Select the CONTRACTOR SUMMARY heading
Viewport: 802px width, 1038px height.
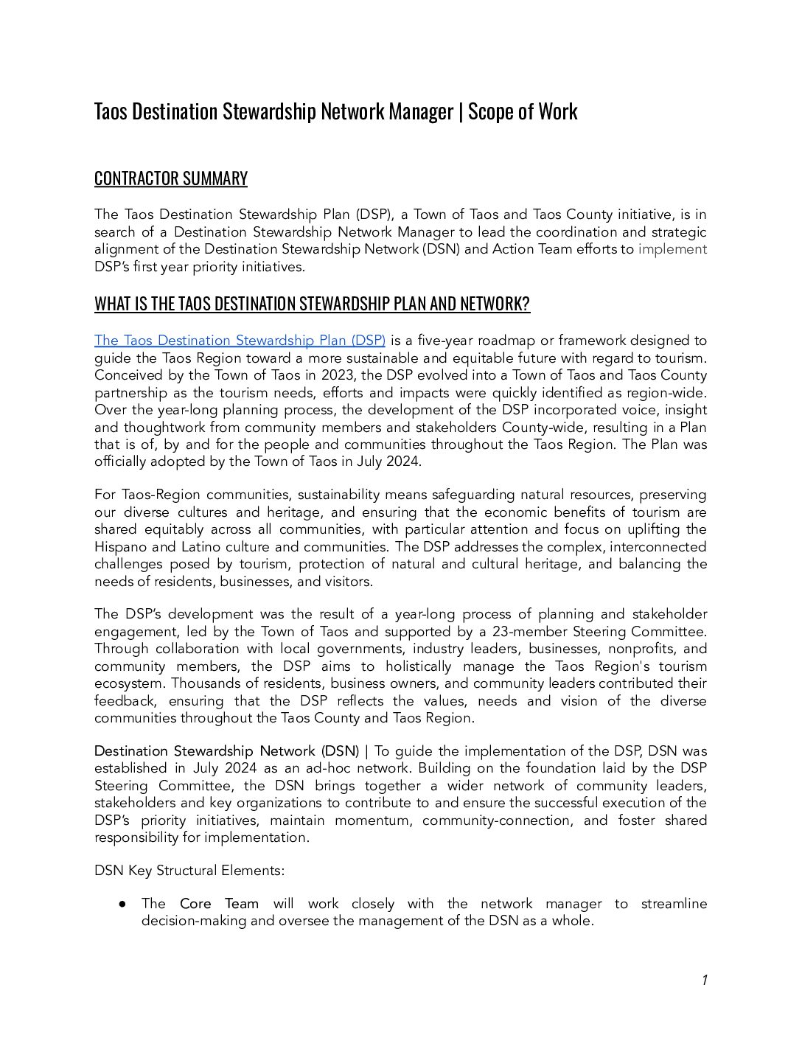(x=170, y=179)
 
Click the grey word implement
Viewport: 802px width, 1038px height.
(x=672, y=249)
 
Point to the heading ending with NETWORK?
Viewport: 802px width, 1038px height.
(x=312, y=304)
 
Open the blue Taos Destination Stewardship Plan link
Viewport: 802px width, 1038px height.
(x=240, y=341)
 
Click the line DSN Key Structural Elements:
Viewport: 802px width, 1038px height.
(x=189, y=871)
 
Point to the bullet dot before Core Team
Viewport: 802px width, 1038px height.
(x=123, y=904)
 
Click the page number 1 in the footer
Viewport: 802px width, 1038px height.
(x=704, y=980)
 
